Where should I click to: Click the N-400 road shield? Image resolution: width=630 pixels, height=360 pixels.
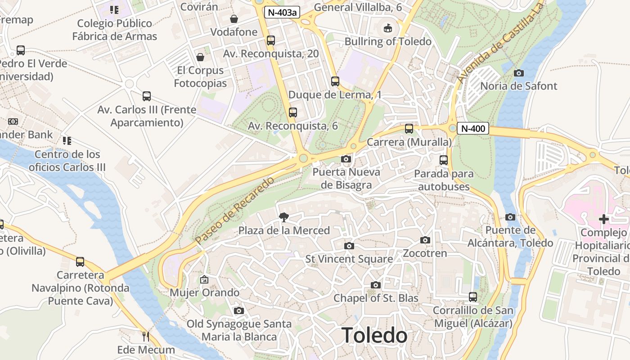473,129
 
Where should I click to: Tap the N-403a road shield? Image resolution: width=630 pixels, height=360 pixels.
282,12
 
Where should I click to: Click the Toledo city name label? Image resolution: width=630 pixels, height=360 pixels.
374,336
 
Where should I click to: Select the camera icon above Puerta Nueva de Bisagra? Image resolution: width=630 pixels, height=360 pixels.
346,159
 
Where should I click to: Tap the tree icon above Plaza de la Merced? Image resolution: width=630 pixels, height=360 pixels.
284,217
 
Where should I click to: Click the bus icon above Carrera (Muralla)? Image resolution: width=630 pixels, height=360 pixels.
409,129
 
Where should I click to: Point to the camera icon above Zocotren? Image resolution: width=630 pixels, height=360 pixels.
425,240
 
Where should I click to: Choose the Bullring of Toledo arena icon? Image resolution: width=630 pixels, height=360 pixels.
388,28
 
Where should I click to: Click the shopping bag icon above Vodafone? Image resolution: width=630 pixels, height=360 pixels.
234,19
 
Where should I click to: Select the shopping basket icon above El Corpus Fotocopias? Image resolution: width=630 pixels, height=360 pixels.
200,57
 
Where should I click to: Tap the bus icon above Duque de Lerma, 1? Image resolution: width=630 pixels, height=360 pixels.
335,81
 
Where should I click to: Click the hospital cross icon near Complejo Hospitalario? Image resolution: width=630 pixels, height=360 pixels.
604,220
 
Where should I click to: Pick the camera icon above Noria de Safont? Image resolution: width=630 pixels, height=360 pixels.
519,73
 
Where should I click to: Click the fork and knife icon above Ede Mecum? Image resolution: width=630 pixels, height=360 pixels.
146,336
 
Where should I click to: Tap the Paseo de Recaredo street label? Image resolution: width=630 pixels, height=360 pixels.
235,211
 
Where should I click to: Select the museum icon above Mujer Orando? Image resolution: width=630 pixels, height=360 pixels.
204,279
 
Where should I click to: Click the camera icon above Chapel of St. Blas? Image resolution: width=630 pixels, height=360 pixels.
376,285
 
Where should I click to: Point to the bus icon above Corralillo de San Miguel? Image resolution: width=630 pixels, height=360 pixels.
473,297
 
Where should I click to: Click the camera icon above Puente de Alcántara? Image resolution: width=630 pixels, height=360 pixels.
510,217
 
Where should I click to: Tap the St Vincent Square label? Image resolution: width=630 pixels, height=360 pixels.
349,259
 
